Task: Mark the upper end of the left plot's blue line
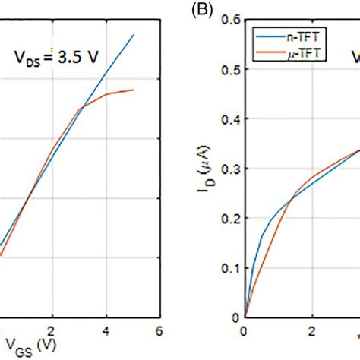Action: coord(133,34)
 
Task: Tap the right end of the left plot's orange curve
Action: coord(133,90)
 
